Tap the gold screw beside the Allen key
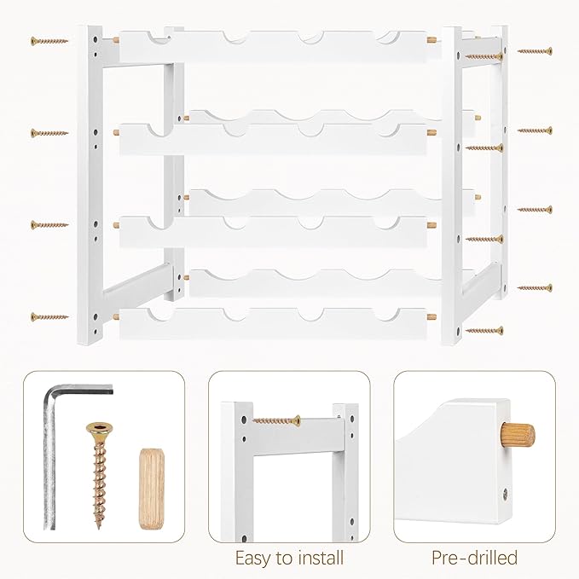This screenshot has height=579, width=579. click(99, 476)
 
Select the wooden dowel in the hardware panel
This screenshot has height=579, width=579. click(152, 489)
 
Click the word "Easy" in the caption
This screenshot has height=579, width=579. click(253, 558)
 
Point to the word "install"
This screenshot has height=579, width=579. click(318, 557)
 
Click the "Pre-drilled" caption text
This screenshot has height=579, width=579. click(474, 557)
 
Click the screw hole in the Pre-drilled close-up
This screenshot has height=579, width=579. click(505, 492)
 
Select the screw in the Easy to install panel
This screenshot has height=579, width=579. click(276, 420)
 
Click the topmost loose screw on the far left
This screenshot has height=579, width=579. click(49, 41)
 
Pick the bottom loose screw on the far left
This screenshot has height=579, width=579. click(49, 316)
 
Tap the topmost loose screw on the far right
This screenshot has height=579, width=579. click(535, 51)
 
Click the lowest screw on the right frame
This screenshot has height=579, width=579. click(484, 330)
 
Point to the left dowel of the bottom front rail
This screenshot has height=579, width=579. click(116, 316)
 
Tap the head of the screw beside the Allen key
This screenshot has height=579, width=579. click(99, 429)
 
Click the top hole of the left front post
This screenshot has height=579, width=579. click(96, 38)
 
